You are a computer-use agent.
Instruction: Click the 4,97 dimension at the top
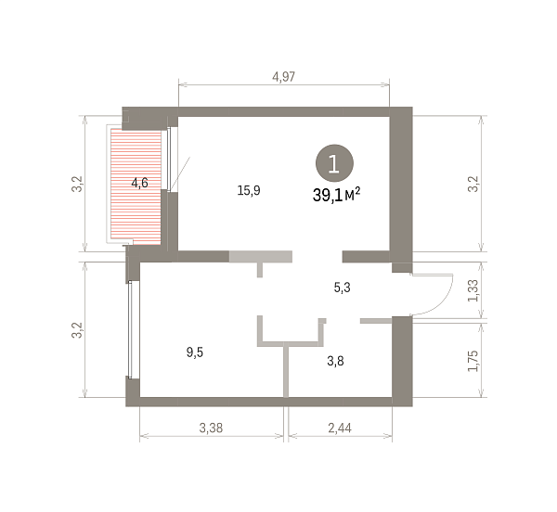tap(283, 77)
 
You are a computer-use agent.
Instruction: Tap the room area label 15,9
tap(249, 190)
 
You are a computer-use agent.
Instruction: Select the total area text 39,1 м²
tap(336, 195)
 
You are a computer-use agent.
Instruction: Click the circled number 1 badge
tap(334, 163)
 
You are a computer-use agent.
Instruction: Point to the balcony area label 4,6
tap(139, 183)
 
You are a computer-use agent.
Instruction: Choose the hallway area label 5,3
tap(342, 288)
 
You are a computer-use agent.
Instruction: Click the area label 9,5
tap(195, 352)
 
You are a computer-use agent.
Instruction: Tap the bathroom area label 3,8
tap(335, 361)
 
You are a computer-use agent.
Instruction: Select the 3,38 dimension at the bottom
tap(211, 428)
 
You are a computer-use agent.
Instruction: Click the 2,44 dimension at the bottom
tap(340, 428)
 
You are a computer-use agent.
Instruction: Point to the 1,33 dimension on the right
tap(473, 291)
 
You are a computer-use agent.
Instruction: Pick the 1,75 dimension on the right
tap(473, 361)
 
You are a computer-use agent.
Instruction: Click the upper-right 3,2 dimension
tap(473, 184)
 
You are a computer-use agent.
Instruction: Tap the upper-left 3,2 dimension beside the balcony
tap(77, 184)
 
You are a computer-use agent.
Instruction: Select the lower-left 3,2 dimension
tap(77, 330)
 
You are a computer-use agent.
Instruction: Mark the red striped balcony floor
tap(136, 186)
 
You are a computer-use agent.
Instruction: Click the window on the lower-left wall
tap(131, 329)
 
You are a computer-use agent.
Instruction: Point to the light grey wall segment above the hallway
tap(260, 257)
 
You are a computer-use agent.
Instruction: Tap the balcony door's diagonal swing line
tap(180, 173)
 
